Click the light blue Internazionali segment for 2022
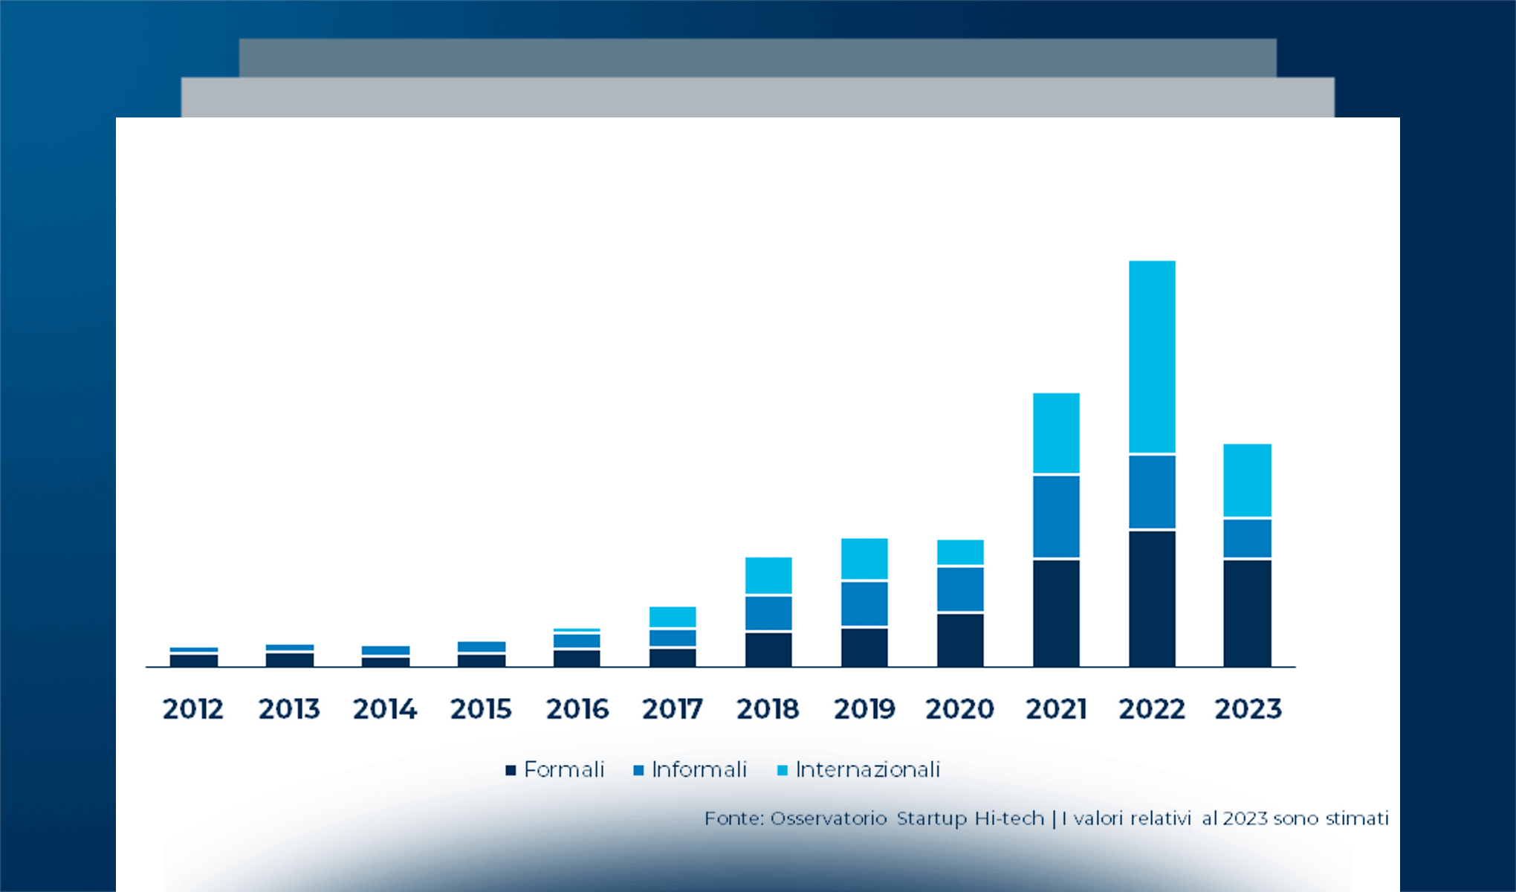point(1152,357)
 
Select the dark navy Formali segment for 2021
point(1056,613)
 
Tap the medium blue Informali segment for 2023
point(1247,538)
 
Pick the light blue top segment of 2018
point(768,575)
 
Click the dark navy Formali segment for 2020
point(960,640)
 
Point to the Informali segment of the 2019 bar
point(864,604)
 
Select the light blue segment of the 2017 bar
point(673,617)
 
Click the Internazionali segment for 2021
point(1056,433)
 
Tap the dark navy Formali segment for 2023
point(1247,613)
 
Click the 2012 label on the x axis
point(193,709)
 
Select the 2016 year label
point(577,709)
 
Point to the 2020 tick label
point(960,709)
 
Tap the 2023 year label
point(1248,709)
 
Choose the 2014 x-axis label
point(385,709)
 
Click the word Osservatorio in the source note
point(829,818)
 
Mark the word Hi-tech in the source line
point(1009,818)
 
